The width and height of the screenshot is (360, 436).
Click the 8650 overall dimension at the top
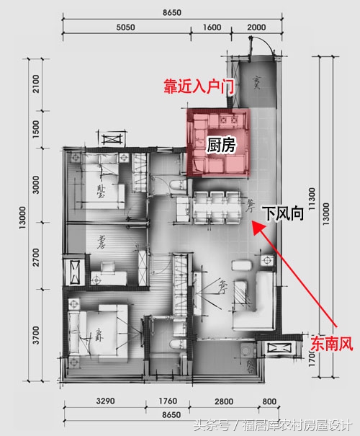pyautogui.click(x=170, y=12)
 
